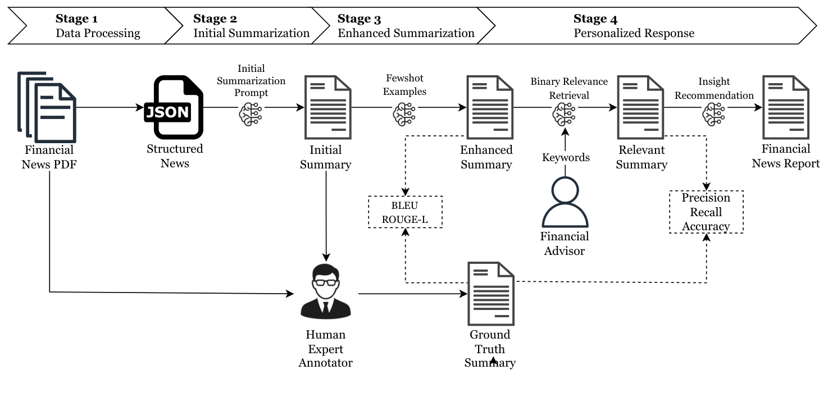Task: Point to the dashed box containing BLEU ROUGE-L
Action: coord(405,212)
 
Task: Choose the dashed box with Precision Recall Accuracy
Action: coord(706,212)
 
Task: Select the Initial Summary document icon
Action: coord(327,107)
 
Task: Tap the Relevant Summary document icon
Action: coord(641,107)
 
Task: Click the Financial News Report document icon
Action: coord(785,107)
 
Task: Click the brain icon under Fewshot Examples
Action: coord(404,114)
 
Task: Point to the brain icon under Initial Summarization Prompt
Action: coord(251,114)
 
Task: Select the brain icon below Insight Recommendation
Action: coord(713,114)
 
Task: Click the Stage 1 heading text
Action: coord(77,20)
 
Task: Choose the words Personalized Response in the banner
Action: coord(634,33)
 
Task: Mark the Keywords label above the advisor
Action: coord(566,158)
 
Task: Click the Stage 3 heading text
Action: coord(359,20)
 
